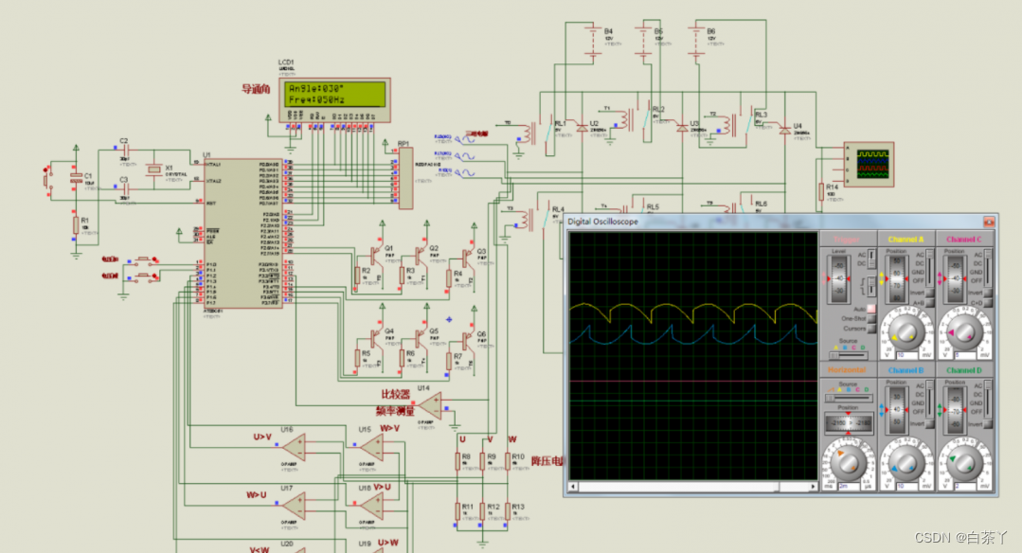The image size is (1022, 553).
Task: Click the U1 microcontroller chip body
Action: (242, 232)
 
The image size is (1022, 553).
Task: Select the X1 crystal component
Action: (154, 169)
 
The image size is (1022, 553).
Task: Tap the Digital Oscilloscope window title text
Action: (602, 222)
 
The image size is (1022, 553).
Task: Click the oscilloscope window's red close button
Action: (989, 221)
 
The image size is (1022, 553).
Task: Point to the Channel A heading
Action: (907, 239)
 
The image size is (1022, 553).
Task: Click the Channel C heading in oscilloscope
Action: (964, 239)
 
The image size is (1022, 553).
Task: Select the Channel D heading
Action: (964, 370)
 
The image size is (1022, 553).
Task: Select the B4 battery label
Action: (608, 30)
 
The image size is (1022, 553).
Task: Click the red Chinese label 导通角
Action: (256, 90)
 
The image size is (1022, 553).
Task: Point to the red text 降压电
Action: (547, 461)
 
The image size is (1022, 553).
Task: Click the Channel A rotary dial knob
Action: (905, 330)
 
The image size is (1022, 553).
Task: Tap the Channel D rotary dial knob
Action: (964, 462)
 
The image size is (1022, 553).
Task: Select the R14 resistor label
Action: (832, 187)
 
